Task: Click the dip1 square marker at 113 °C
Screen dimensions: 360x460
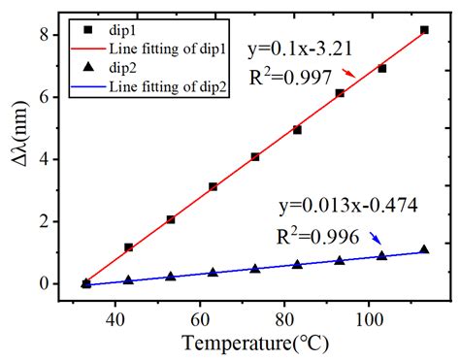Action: [x=424, y=30]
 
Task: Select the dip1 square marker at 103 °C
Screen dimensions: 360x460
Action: [x=381, y=69]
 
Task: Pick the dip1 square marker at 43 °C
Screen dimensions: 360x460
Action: [x=128, y=247]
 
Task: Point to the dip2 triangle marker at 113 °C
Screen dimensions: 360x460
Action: [x=424, y=249]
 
